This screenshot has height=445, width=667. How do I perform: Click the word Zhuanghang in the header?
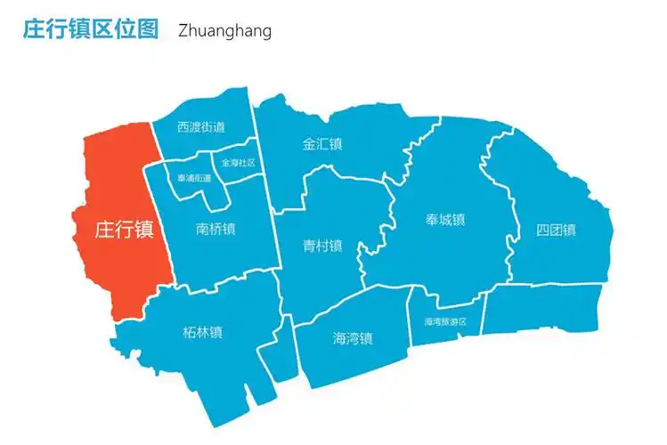tap(224, 30)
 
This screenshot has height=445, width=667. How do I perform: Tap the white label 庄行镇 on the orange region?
tap(125, 230)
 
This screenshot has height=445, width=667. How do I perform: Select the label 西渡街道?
tap(200, 127)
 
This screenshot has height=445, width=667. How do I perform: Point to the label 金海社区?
tap(238, 163)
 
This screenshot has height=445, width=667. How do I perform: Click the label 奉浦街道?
tap(194, 178)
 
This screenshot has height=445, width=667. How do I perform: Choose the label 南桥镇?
tap(216, 229)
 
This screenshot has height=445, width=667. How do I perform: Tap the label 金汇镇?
tap(322, 143)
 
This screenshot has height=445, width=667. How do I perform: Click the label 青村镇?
tap(322, 246)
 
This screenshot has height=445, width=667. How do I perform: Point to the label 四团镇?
tap(556, 230)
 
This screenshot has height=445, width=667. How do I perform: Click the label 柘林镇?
tap(202, 333)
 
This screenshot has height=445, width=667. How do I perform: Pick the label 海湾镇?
tap(353, 338)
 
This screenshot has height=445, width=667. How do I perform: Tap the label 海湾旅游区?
tap(445, 321)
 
